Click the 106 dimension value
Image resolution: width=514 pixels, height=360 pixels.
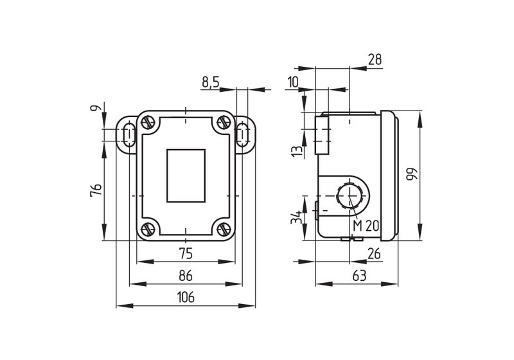[x=186, y=297]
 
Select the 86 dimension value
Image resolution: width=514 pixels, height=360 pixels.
[x=186, y=276]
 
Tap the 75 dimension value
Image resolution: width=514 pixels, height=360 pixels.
[x=186, y=253]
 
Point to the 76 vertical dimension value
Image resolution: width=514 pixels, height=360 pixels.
[x=96, y=190]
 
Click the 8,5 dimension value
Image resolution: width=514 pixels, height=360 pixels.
[x=211, y=82]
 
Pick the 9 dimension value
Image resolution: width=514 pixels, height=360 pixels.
[x=96, y=107]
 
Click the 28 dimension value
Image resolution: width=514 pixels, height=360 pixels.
[x=375, y=59]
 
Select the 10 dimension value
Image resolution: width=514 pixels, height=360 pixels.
[x=292, y=82]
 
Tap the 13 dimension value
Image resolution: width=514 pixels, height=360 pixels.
[x=297, y=151]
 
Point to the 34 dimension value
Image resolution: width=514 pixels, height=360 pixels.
[x=297, y=217]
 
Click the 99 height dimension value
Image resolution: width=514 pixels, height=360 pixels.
[x=412, y=175]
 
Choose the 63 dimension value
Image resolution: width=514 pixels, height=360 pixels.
[x=359, y=276]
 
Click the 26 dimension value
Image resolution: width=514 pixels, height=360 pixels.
[x=374, y=253]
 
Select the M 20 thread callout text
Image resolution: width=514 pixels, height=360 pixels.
[x=366, y=226]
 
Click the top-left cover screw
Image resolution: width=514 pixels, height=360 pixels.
[x=148, y=123]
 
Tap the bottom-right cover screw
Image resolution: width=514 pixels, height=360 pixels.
[x=224, y=228]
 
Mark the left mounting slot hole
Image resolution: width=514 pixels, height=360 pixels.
[x=128, y=135]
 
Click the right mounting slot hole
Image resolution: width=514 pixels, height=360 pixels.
[x=242, y=135]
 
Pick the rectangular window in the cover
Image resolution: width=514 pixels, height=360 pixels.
[x=186, y=175]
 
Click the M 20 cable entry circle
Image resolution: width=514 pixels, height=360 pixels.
[x=350, y=195]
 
